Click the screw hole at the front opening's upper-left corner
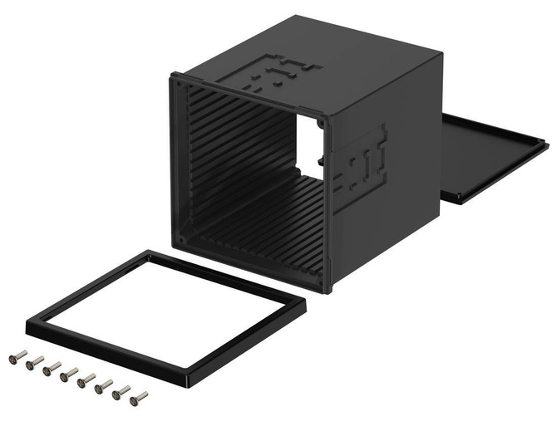coord(178,81)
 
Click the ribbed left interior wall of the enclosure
coord(233,158)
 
